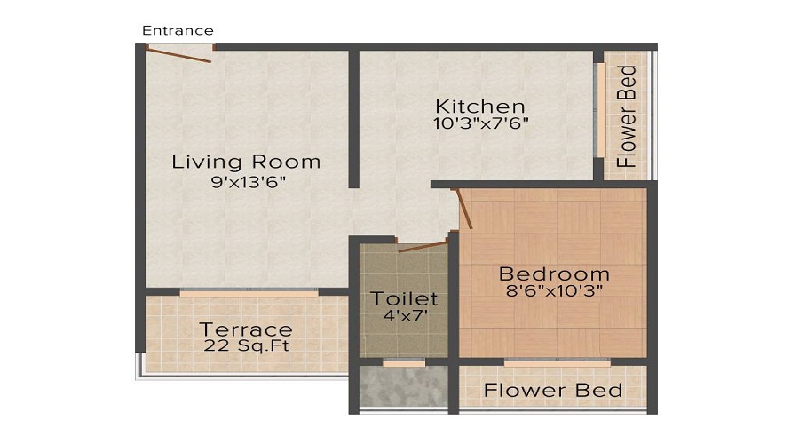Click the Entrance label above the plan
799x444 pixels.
click(178, 30)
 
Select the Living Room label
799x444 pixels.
click(246, 162)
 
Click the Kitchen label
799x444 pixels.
click(479, 107)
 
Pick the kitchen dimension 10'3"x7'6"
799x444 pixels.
click(481, 124)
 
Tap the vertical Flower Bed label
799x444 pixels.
click(628, 116)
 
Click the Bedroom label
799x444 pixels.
click(554, 274)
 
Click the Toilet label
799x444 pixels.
click(404, 298)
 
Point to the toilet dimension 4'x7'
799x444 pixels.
click(404, 315)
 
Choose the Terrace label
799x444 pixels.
click(246, 329)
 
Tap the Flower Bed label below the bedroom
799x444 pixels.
click(552, 391)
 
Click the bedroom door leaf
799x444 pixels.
click(463, 209)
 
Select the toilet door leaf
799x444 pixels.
click(421, 245)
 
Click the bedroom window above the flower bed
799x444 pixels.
click(557, 362)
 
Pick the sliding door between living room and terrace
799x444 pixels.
click(249, 291)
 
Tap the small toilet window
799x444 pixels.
click(403, 362)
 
